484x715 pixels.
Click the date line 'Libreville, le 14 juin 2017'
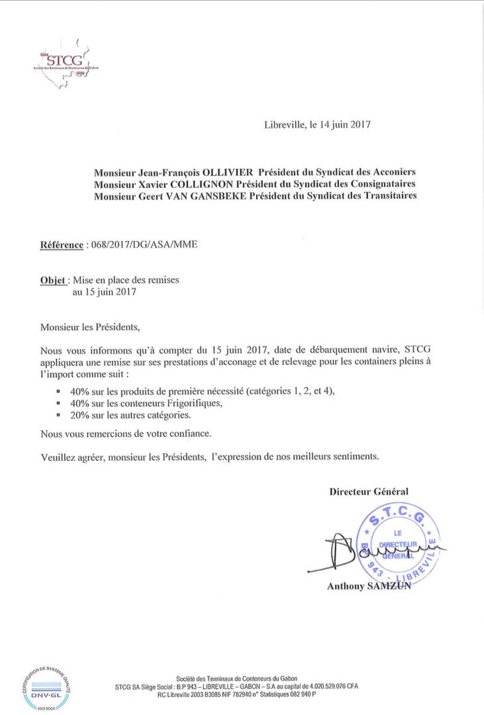coord(316,124)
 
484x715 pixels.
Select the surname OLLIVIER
coord(222,171)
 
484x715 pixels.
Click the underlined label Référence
coord(62,245)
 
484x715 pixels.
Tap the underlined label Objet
coord(52,280)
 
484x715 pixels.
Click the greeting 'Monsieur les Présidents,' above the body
coord(91,326)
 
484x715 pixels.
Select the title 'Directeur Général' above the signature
coord(369,491)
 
